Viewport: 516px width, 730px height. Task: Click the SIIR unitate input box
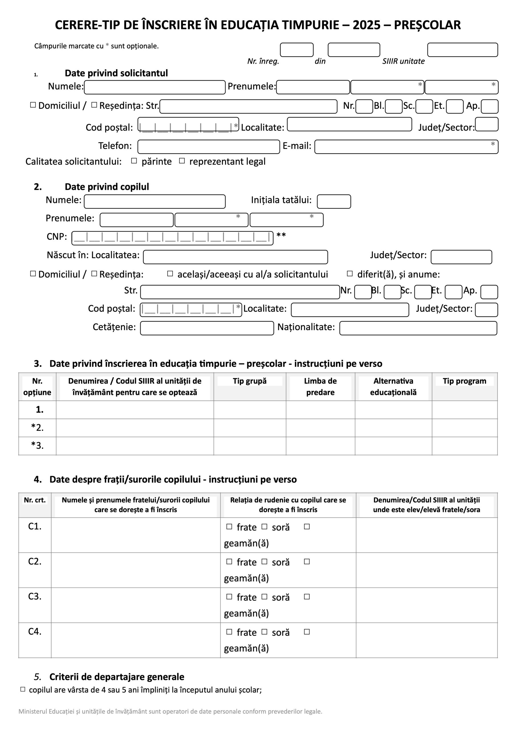(462, 50)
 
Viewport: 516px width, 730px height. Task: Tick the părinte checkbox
(134, 161)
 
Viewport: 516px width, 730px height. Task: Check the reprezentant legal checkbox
(182, 161)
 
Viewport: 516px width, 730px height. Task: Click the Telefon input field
(209, 147)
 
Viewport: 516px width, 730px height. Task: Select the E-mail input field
(406, 147)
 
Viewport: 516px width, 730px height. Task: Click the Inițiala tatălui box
(334, 202)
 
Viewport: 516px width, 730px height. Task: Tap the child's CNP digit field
(172, 238)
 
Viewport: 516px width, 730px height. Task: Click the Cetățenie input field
(207, 328)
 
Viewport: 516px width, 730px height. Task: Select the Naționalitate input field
(418, 328)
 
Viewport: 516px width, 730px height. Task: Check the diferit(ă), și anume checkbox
(350, 273)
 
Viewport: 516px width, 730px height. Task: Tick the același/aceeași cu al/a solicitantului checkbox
(170, 273)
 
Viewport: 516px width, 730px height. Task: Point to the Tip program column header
(464, 381)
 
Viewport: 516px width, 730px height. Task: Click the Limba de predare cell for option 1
(320, 409)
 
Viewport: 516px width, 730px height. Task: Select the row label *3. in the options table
(37, 445)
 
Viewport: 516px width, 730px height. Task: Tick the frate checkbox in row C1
(229, 526)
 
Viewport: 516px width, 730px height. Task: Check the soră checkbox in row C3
(264, 597)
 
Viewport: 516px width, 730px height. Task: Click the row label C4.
(35, 631)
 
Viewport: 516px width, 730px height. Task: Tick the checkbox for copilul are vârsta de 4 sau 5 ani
(23, 689)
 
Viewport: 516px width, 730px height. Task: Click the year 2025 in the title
(367, 25)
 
